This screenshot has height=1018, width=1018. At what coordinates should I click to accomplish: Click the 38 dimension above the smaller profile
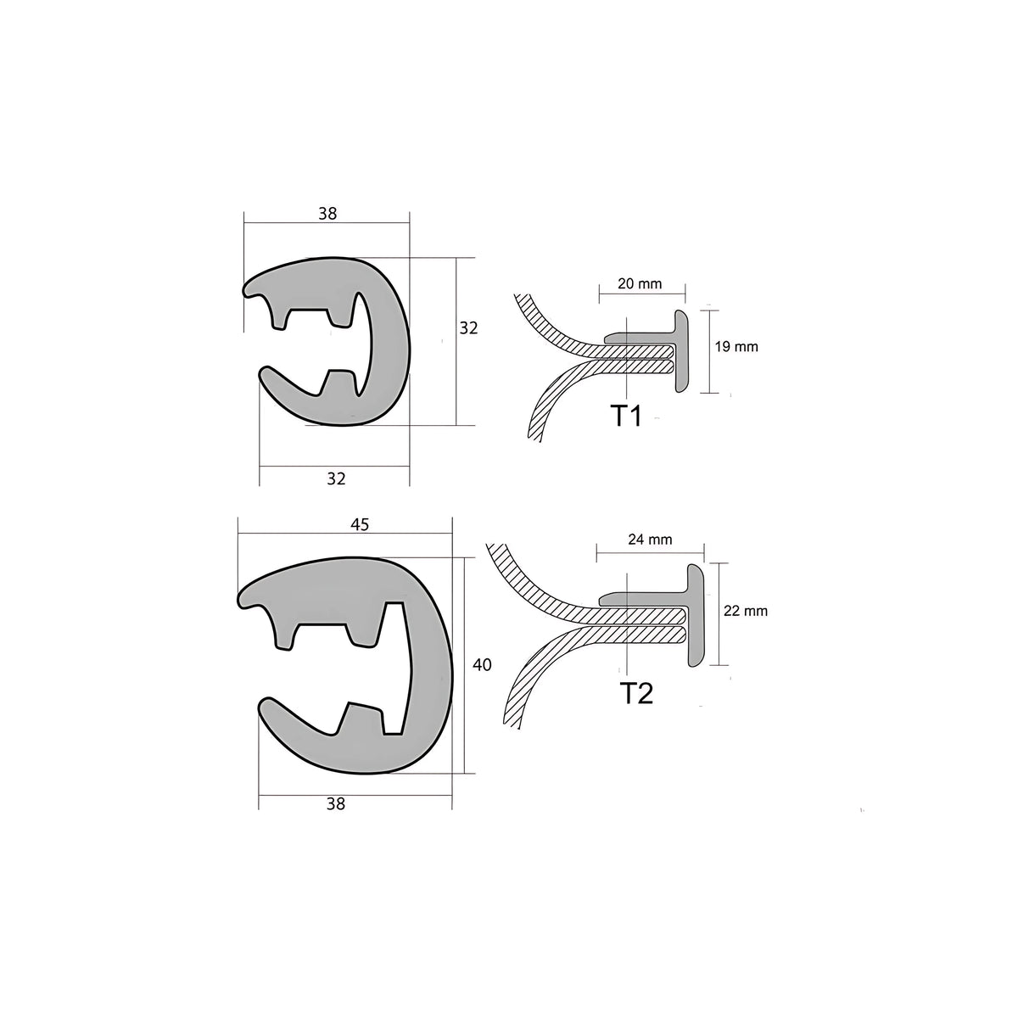pos(327,214)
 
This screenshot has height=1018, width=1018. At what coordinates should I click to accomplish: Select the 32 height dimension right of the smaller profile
pos(468,327)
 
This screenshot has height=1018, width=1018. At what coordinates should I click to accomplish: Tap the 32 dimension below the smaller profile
pos(336,478)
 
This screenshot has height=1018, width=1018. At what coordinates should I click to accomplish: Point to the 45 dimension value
pos(359,524)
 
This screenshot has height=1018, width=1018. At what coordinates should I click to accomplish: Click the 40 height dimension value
pos(482,665)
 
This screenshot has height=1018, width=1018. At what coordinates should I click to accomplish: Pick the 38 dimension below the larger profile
pos(336,804)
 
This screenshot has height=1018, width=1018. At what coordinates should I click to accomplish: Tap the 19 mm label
pos(736,346)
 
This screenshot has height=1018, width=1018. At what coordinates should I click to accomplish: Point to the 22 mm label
pos(746,611)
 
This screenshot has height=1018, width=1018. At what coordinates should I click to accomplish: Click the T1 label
pos(626,417)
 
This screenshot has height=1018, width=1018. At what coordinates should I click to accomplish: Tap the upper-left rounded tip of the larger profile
pos(249,598)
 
